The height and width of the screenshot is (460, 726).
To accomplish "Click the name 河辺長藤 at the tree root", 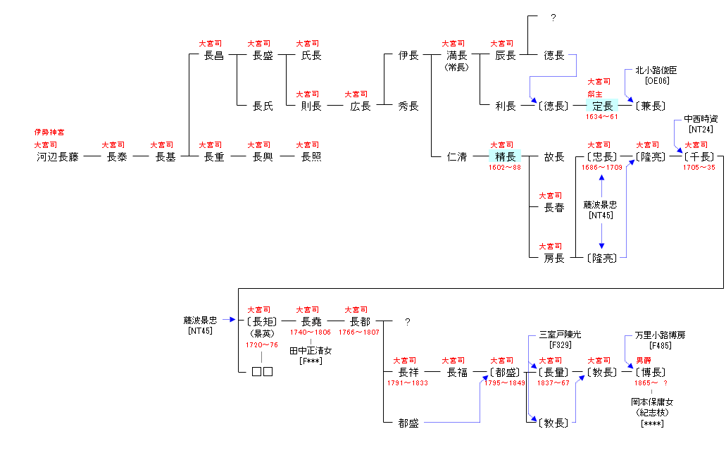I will point(58,157).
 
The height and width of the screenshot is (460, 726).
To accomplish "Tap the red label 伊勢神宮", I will point(49,132).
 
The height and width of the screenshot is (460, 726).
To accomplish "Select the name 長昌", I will point(213,56).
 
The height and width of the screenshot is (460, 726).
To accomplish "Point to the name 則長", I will point(311,106).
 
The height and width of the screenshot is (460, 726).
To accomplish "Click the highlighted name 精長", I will point(506,157).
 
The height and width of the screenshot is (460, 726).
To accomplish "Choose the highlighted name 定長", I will point(602,106).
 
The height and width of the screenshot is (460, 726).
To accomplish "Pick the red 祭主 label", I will point(596,94).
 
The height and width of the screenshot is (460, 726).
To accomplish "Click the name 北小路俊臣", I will point(656,70).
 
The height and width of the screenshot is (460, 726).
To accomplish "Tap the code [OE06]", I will point(656,80).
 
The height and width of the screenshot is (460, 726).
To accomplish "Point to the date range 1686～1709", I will point(602,168).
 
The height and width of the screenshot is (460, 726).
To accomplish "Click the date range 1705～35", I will point(699,168).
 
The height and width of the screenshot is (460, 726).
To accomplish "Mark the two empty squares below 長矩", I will point(262,371).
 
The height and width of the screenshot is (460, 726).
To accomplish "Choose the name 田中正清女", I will point(311,350).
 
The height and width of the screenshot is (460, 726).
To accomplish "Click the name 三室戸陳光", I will point(560,335).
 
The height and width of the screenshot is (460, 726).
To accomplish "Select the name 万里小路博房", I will point(659,335).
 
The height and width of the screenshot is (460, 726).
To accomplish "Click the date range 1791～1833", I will point(408,383).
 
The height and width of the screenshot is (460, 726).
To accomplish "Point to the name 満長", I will point(456,56).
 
